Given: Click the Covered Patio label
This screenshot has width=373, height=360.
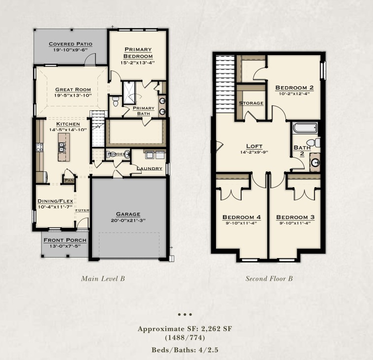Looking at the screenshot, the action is tap(70, 44).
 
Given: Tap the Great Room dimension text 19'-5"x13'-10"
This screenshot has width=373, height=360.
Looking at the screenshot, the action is tap(73, 96).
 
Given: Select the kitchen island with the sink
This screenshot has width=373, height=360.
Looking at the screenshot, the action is tap(64, 147).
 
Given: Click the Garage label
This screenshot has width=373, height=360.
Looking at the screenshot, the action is tap(128, 214).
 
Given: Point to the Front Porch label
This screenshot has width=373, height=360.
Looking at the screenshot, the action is tap(65, 240).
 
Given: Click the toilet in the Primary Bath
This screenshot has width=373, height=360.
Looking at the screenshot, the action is tap(116, 101).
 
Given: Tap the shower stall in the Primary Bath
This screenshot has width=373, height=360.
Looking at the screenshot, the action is tap(129, 93).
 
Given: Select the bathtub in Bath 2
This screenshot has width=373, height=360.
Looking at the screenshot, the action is tap(305, 128).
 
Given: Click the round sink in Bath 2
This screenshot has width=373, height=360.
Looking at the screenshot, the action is tap(315, 163).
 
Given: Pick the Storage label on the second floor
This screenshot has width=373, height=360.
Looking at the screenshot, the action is tap(251, 103).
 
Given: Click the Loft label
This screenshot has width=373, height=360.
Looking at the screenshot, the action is tap(254, 146).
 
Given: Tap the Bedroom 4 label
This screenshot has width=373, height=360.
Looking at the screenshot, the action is tap(242, 217).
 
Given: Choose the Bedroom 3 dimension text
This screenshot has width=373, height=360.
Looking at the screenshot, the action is tap(295, 223).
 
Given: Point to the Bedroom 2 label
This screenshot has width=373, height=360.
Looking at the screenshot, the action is tap(294, 88).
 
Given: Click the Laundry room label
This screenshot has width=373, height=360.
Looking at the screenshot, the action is tap(150, 168).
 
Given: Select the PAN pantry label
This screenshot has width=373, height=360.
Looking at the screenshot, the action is tap(69, 181).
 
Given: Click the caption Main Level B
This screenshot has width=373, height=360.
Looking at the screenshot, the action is tap(103, 279).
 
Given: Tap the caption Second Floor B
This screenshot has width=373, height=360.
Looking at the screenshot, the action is tap(269, 279).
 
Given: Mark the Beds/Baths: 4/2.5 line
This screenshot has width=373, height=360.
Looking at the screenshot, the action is tap(185, 350).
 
